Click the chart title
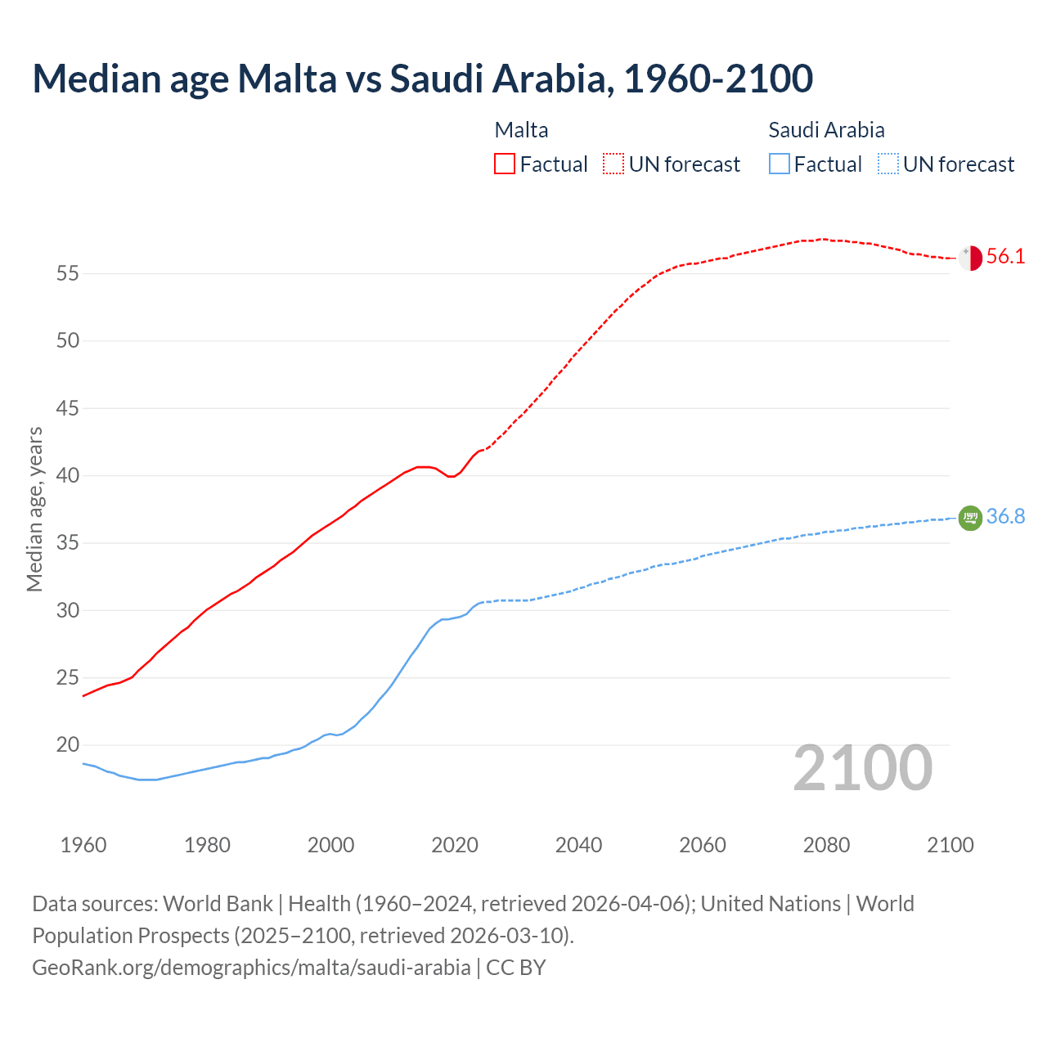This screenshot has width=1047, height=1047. pyautogui.click(x=422, y=79)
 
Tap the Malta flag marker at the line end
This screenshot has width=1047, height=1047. pyautogui.click(x=970, y=258)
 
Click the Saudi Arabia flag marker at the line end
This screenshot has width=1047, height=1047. pyautogui.click(x=970, y=518)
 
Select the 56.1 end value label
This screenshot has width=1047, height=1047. pyautogui.click(x=1005, y=257)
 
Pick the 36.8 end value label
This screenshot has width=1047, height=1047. pyautogui.click(x=1005, y=517)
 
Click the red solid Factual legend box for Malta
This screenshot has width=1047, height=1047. pyautogui.click(x=505, y=164)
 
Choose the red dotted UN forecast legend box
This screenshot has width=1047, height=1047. pyautogui.click(x=613, y=164)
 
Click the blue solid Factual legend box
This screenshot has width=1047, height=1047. pyautogui.click(x=780, y=164)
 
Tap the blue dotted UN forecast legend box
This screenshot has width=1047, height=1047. pyautogui.click(x=887, y=164)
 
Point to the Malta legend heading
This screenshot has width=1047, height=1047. pyautogui.click(x=521, y=130)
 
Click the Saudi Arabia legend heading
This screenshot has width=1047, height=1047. pyautogui.click(x=826, y=130)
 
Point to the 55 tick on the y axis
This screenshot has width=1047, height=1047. pyautogui.click(x=68, y=273)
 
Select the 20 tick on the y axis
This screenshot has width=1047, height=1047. pyautogui.click(x=68, y=745)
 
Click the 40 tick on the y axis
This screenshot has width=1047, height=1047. pyautogui.click(x=68, y=475)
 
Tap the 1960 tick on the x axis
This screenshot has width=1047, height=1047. pyautogui.click(x=83, y=845)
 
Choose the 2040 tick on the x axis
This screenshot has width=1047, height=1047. pyautogui.click(x=578, y=845)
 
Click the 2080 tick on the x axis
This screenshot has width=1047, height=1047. pyautogui.click(x=826, y=845)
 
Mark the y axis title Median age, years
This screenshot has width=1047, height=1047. pyautogui.click(x=34, y=509)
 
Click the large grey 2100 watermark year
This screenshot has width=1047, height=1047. pyautogui.click(x=862, y=768)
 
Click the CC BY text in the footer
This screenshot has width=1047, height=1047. pyautogui.click(x=515, y=968)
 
